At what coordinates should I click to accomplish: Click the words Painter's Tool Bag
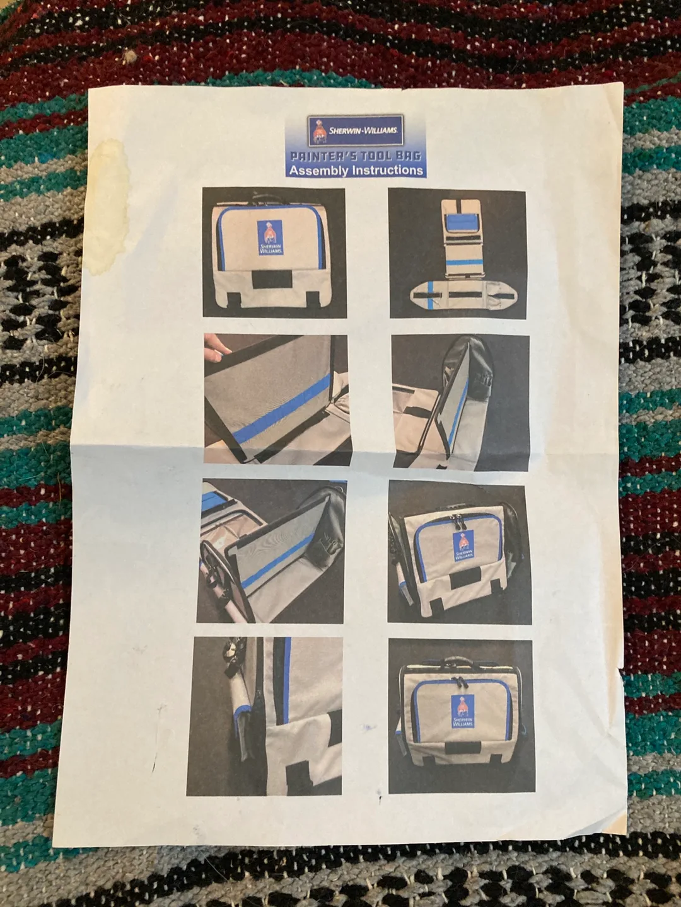(x=355, y=156)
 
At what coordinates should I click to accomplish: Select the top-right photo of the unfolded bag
(x=457, y=253)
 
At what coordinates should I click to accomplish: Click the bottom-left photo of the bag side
(x=264, y=716)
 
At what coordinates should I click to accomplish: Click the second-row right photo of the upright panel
(x=460, y=401)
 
